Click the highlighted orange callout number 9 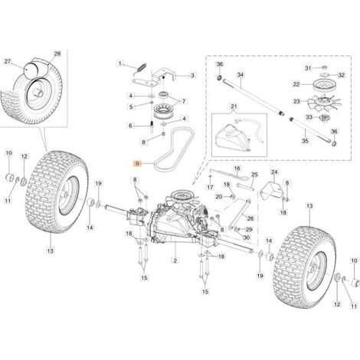pyautogui.click(x=138, y=163)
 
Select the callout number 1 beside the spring pyautogui.click(x=120, y=64)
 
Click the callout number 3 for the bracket pyautogui.click(x=192, y=75)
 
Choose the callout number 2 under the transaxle pyautogui.click(x=175, y=260)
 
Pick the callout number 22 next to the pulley pyautogui.click(x=296, y=84)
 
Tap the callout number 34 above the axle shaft pyautogui.click(x=241, y=75)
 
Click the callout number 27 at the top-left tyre pyautogui.click(x=8, y=61)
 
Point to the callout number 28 pyautogui.click(x=57, y=54)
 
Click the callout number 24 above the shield pyautogui.click(x=274, y=172)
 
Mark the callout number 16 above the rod pyautogui.click(x=237, y=169)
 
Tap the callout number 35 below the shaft pyautogui.click(x=305, y=141)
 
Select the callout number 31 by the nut pyautogui.click(x=309, y=68)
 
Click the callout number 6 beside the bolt pyautogui.click(x=131, y=126)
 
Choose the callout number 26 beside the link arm pyautogui.click(x=250, y=218)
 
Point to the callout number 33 pyautogui.click(x=309, y=117)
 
